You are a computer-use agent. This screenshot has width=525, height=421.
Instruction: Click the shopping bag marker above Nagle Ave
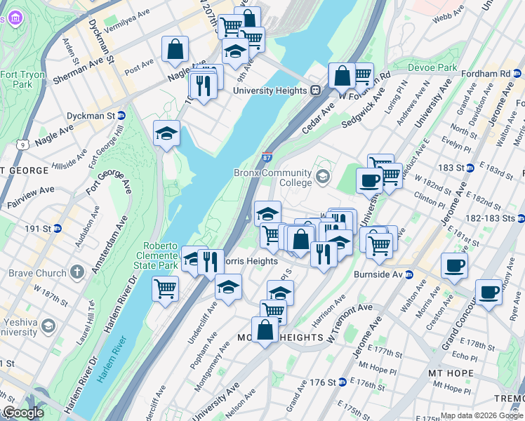(175, 49)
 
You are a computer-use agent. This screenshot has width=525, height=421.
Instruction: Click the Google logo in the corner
(22, 413)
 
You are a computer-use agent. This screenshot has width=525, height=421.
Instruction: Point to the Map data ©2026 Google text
(480, 415)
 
